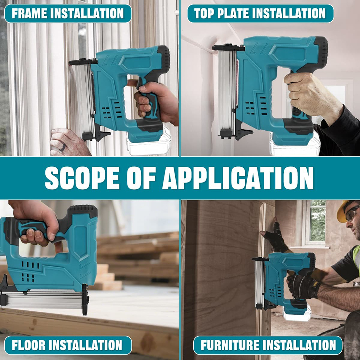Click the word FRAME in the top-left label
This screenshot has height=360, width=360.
(x=29, y=13)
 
